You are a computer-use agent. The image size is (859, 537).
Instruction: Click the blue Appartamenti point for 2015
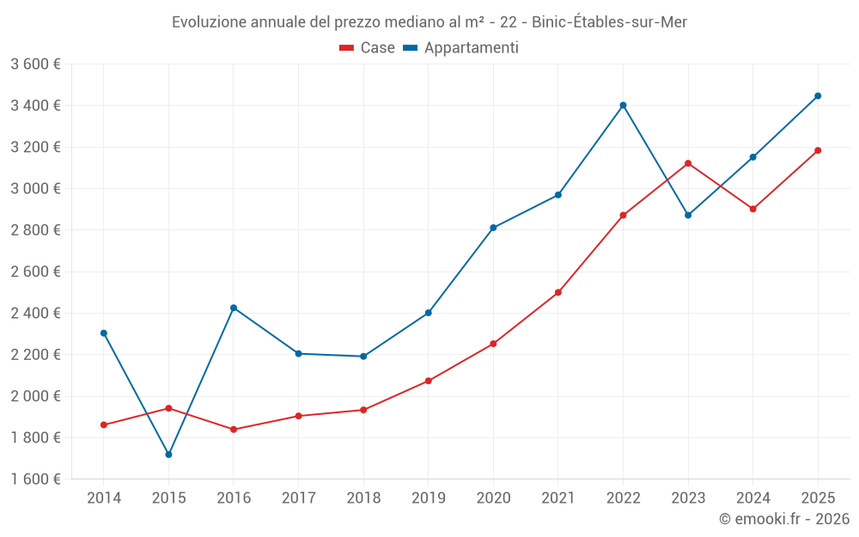coord(168,455)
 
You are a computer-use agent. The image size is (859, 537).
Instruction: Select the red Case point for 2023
coord(688,163)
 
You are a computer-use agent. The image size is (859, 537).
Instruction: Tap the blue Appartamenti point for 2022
coord(623,106)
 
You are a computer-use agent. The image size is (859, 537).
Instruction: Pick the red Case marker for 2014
coord(104,425)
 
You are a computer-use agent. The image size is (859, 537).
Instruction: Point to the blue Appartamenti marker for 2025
coord(818,96)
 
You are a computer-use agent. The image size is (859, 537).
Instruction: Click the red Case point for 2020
coord(493,344)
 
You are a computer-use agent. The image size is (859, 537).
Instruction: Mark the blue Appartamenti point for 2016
coord(234,308)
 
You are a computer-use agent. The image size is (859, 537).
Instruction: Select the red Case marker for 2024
coord(752,209)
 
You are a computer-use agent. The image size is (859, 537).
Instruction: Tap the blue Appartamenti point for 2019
coord(428,313)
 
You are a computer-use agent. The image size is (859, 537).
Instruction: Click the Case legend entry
coord(368,48)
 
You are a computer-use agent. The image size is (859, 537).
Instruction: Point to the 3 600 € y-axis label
coord(36,64)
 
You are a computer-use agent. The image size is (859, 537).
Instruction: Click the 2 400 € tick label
coord(36,313)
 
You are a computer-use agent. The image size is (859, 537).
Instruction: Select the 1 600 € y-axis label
coord(36,479)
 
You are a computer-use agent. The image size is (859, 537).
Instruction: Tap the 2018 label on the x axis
coord(363,497)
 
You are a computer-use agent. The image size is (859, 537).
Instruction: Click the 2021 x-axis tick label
coord(558,497)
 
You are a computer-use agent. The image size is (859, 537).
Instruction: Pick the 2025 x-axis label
coord(818,497)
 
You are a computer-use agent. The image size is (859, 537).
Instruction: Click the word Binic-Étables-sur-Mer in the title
coord(610,22)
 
